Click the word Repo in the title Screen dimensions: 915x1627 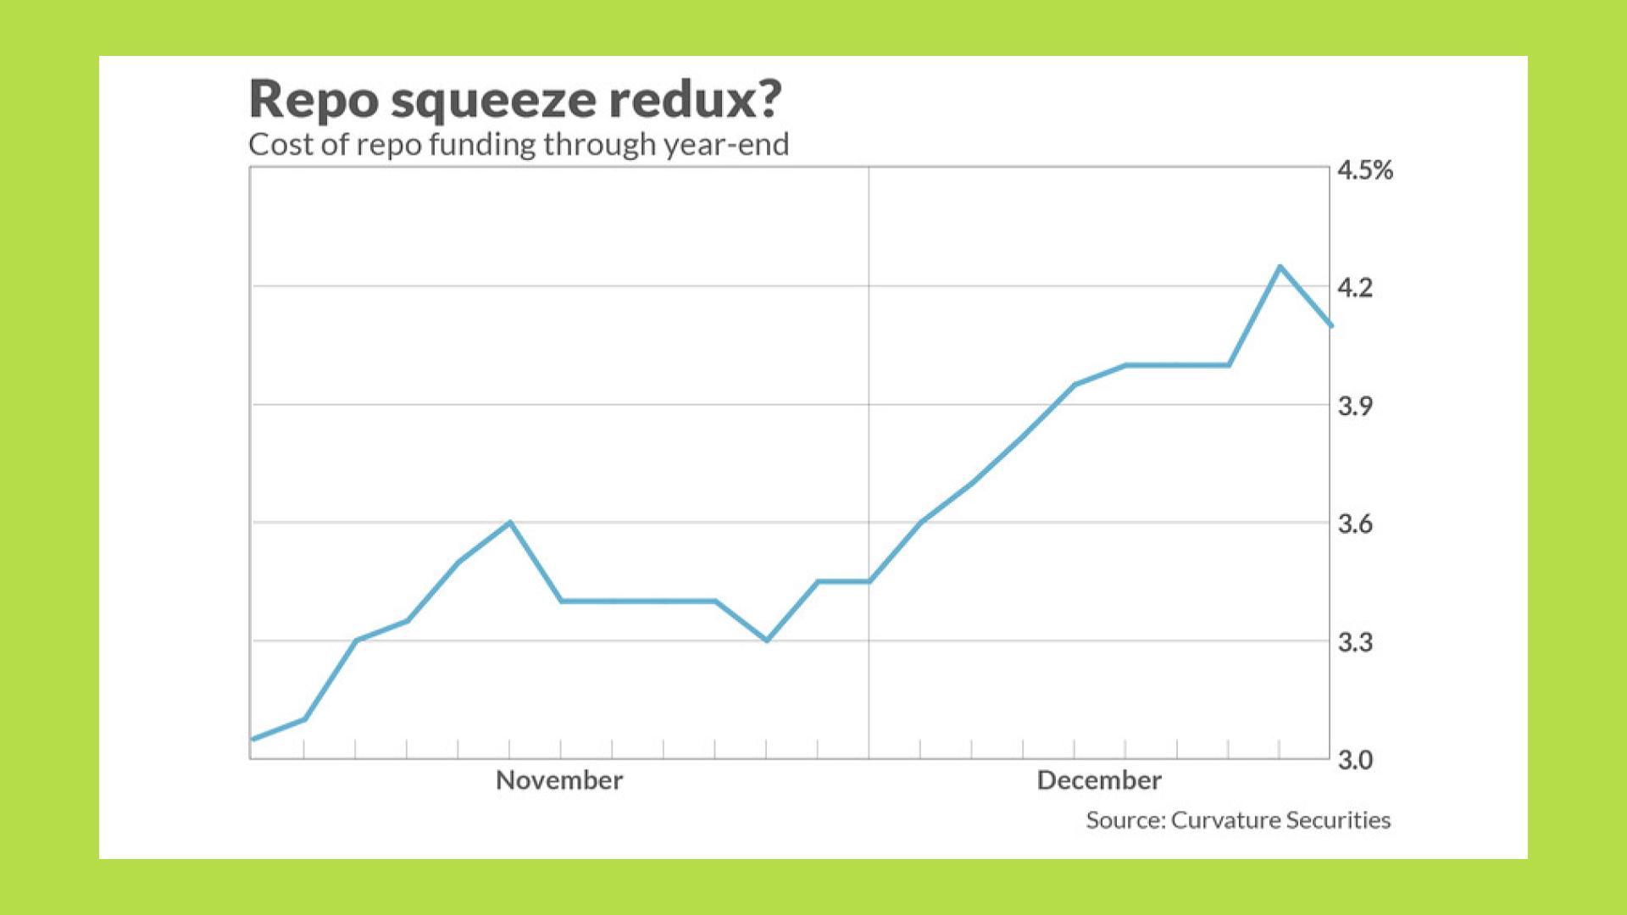click(314, 100)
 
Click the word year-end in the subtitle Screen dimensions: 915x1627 click(726, 145)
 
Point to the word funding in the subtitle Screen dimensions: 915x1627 click(482, 145)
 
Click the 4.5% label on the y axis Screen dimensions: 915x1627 click(1364, 170)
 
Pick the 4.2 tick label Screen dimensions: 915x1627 click(1354, 288)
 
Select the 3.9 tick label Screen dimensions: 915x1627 click(1354, 406)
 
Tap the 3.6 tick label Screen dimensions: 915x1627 click(1354, 524)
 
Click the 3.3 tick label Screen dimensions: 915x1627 click(1354, 642)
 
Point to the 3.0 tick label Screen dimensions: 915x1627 click(1354, 760)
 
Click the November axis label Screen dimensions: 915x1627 click(559, 780)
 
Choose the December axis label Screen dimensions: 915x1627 click(1099, 780)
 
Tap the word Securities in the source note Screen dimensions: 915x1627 click(1338, 820)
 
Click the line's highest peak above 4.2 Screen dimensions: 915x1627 click(1280, 267)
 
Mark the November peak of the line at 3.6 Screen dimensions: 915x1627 click(509, 522)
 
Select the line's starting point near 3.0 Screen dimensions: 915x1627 click(252, 739)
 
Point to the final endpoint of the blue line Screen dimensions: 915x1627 click(1330, 325)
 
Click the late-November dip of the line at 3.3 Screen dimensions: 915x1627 click(767, 640)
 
